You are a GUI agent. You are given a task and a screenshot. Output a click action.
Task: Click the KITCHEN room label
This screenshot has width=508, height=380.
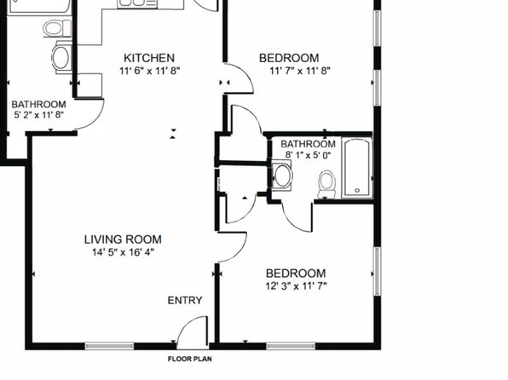pos(149,58)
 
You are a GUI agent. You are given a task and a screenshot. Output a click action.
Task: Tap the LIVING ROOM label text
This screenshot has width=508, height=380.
pos(123,239)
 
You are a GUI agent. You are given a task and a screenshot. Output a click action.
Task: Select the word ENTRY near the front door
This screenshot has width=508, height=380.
pos(185,300)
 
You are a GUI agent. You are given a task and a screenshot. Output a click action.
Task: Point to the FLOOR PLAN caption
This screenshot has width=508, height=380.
pos(190,359)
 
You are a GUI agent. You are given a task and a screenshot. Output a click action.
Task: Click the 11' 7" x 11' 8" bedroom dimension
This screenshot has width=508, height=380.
pos(300,71)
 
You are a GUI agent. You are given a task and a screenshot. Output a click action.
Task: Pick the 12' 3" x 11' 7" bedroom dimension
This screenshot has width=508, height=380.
pos(296,286)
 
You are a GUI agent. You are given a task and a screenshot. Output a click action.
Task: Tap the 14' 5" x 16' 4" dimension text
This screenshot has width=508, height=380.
pos(123,252)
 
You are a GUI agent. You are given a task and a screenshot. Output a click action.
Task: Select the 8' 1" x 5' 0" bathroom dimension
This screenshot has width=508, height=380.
pos(308,155)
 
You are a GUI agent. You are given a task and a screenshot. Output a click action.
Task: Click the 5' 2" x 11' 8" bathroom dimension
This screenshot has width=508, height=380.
pos(38,114)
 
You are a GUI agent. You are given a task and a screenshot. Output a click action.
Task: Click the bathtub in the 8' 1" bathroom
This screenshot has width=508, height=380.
pos(356,168)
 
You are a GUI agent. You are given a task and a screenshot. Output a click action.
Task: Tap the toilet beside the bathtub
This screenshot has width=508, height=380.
pos(326,184)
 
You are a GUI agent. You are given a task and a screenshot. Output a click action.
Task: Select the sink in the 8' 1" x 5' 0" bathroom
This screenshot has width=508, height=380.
pos(282,176)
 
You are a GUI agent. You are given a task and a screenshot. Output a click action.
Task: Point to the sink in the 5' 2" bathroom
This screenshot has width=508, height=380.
pos(61,57)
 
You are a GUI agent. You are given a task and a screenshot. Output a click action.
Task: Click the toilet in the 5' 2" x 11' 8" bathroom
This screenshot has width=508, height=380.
pos(57,28)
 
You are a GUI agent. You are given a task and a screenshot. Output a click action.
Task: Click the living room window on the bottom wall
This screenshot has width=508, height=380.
pos(109,346)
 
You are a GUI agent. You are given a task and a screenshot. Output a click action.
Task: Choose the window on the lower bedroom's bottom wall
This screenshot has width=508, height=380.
pos(291,346)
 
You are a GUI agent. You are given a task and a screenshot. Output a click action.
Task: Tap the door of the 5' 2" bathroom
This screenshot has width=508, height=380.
pos(89,114)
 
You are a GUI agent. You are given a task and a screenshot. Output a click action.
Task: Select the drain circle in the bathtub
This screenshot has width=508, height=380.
pos(357,190)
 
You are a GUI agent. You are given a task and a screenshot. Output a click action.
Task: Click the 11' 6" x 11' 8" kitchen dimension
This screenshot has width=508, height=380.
pos(149,71)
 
